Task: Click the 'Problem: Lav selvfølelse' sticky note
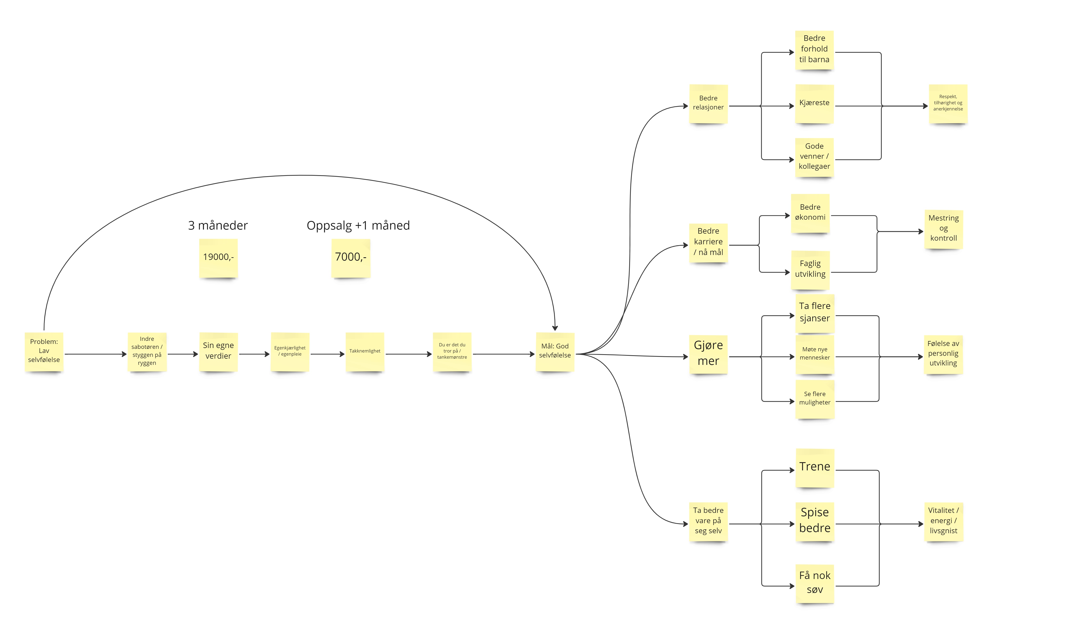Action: point(44,351)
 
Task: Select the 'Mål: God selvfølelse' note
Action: point(555,351)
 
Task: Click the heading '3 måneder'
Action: point(218,225)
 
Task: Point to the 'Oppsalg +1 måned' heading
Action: point(358,225)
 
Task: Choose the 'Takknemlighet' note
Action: point(365,351)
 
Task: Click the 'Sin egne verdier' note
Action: point(218,351)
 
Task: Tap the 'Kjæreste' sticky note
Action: point(814,103)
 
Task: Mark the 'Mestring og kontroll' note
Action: point(943,229)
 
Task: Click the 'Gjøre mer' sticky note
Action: point(708,354)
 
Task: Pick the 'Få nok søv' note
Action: point(815,583)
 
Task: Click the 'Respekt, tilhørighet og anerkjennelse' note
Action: point(948,103)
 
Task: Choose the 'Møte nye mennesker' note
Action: point(815,354)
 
